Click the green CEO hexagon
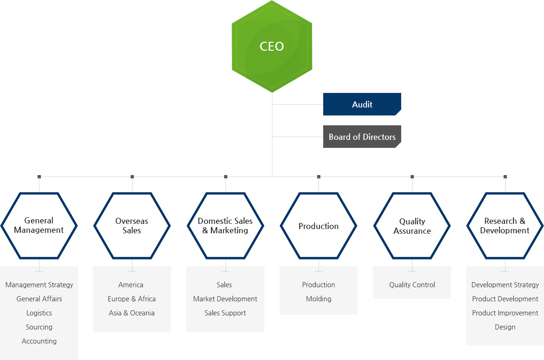coord(272,46)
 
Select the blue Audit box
coord(362,104)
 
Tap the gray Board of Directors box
coord(362,137)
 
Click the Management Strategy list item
coord(39,285)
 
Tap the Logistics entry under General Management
coord(39,313)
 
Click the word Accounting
coord(39,341)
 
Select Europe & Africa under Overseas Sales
coord(132,299)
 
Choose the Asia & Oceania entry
coord(132,313)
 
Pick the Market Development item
coord(225,299)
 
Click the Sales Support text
coord(225,313)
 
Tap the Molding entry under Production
coord(319,299)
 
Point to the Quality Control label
coord(412,285)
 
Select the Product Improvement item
coord(505,313)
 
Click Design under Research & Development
coord(505,327)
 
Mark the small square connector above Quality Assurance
coord(412,176)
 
